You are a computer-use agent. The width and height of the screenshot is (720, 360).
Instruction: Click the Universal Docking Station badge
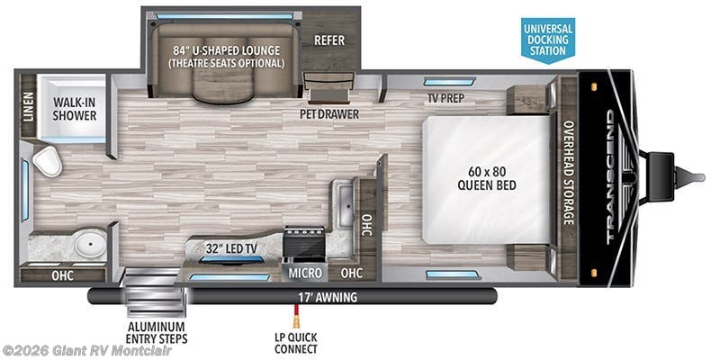click(547, 38)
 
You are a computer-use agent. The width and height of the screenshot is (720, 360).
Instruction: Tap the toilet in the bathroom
click(46, 162)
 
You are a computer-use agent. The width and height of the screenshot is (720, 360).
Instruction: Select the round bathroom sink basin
click(88, 243)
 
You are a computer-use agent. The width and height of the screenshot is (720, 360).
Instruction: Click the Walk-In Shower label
click(74, 109)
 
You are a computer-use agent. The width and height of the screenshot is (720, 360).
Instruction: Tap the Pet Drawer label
click(329, 114)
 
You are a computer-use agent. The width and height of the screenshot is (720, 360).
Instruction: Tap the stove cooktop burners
click(303, 241)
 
